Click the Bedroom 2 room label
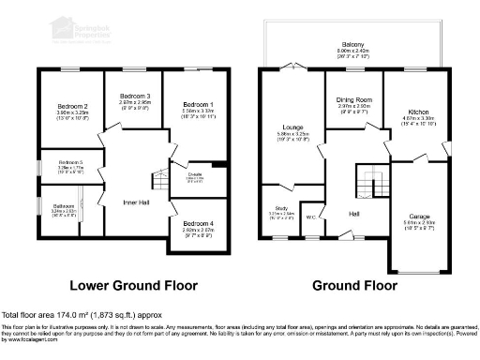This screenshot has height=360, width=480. coord(72,107)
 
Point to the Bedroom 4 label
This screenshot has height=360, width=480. coord(198,223)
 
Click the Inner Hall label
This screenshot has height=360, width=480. coord(138,202)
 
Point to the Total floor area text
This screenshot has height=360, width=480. coord(85,314)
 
